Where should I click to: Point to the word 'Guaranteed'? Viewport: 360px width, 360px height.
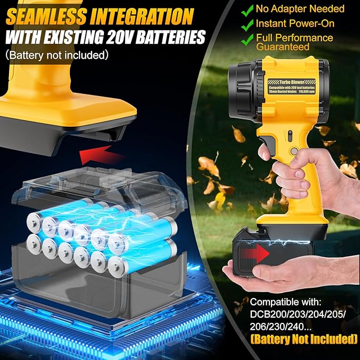tap(284, 47)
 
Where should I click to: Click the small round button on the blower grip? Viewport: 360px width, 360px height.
tap(291, 152)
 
